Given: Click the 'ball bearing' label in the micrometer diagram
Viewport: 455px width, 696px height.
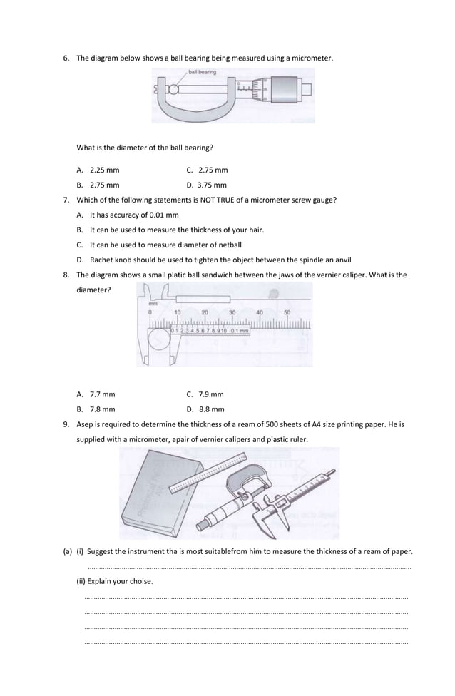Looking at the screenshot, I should (202, 72).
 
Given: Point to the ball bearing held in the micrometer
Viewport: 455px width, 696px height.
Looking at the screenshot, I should (173, 90).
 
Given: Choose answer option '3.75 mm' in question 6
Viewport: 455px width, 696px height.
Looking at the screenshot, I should (213, 185).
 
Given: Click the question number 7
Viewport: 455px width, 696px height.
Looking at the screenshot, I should (66, 200).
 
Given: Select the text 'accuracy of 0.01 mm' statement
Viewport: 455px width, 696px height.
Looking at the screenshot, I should (140, 215).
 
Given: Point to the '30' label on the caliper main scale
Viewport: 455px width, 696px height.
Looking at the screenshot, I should (232, 312).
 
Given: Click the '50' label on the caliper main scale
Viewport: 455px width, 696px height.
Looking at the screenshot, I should (287, 312).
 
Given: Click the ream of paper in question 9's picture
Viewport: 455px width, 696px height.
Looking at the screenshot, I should (154, 496).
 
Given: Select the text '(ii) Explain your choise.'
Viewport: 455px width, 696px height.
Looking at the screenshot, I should (114, 581).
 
